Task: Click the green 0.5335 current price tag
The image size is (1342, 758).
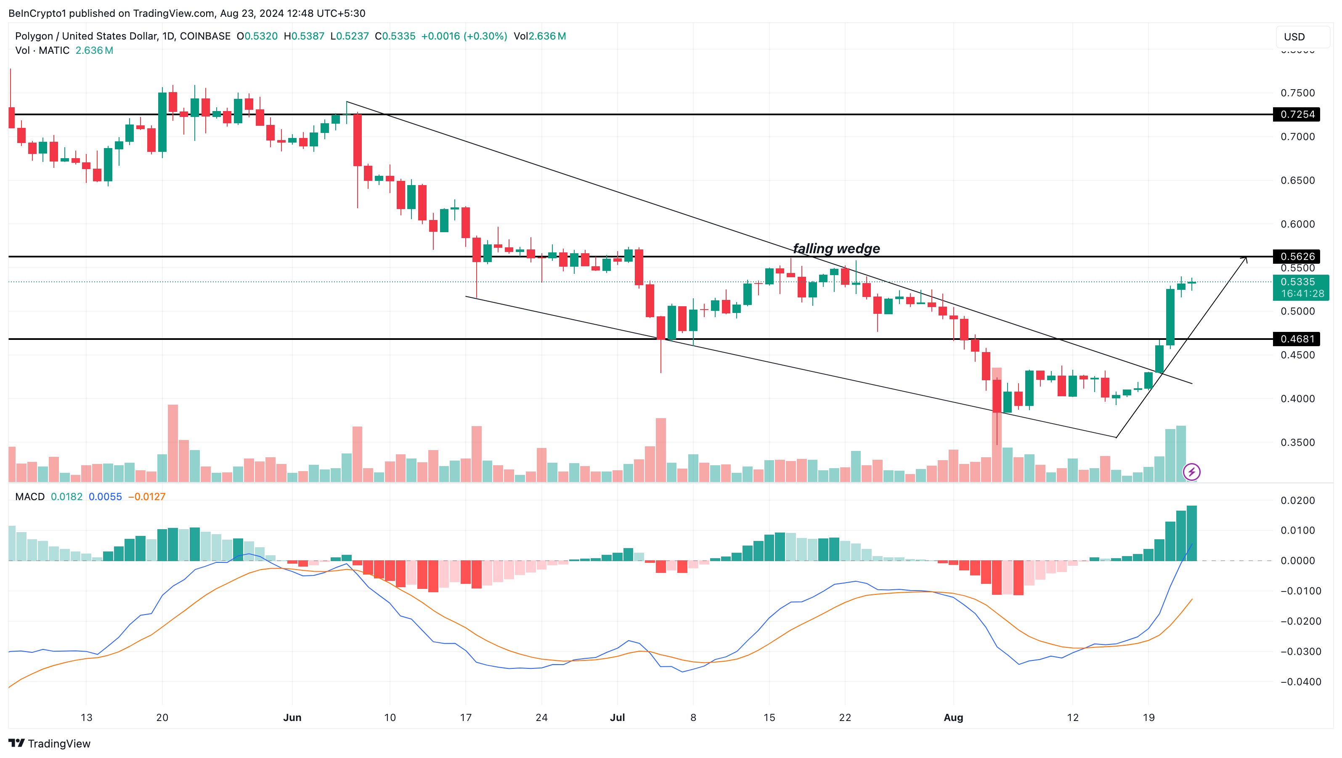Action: pos(1300,282)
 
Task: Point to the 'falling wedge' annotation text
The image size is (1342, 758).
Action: pos(836,249)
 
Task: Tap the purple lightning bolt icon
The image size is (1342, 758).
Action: pos(1192,472)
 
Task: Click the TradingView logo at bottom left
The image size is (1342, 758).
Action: pos(50,743)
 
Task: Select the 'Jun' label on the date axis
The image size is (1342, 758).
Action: pos(292,717)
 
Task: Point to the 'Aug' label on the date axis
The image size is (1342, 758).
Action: pos(953,717)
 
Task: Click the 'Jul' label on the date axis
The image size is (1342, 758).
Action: pos(617,717)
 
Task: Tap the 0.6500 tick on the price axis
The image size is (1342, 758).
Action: pos(1298,180)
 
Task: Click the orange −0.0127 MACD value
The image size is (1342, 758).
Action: pos(147,496)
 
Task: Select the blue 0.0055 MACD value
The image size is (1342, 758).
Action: pos(105,496)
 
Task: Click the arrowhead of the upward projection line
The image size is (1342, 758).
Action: pos(1246,258)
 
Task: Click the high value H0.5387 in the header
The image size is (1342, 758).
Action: pos(304,36)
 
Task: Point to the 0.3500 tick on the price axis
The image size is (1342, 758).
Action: pos(1298,442)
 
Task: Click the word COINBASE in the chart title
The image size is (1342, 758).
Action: pos(205,36)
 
